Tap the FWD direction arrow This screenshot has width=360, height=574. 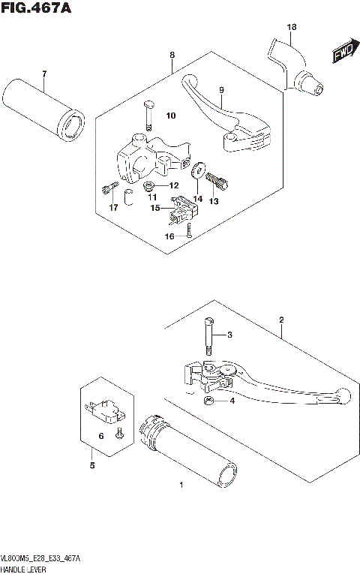(342, 53)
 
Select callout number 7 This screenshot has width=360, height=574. (43, 74)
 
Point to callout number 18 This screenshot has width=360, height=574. (291, 27)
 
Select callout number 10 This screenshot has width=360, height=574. (170, 116)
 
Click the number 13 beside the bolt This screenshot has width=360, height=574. (214, 201)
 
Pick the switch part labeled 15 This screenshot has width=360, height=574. (180, 208)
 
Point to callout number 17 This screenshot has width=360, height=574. (113, 207)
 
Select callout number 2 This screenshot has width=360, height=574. (281, 320)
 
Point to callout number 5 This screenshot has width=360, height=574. (92, 467)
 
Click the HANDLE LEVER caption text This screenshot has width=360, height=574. (24, 569)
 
